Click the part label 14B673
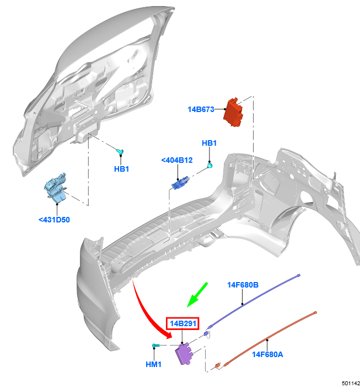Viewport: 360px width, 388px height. pos(201,109)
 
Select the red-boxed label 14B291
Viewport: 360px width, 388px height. pos(182,323)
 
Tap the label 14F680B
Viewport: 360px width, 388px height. pos(243,285)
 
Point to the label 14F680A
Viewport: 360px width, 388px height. pos(267,354)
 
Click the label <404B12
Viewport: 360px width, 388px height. pos(177,161)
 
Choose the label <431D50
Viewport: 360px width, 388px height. pos(54,220)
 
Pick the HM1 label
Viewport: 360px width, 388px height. pos(154,364)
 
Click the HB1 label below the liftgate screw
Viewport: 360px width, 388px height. pos(121,169)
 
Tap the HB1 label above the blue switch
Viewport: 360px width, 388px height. pos(209,143)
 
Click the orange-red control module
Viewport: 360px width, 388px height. pos(233,112)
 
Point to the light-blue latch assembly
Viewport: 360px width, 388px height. pos(55,188)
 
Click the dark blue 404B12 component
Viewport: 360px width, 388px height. pos(180,183)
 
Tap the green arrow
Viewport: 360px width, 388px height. pos(197,295)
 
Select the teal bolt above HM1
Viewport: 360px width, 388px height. pos(156,345)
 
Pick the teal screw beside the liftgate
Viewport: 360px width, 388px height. pos(120,151)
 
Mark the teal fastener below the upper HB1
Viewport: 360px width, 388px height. pos(209,165)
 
